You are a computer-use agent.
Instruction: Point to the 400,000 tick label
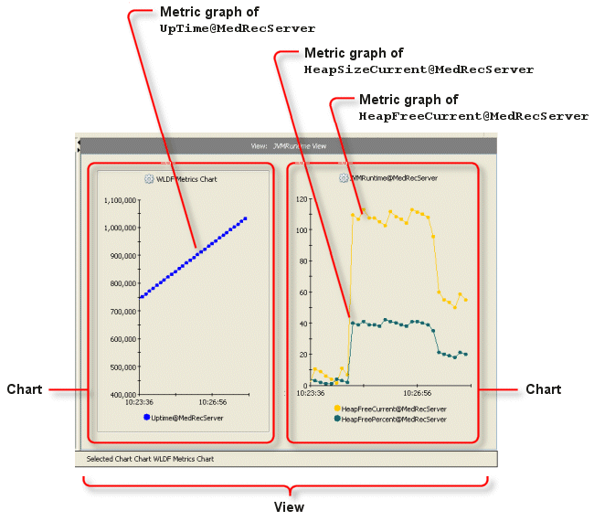tap(120, 395)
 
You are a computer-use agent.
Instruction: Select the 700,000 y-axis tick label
tap(120, 311)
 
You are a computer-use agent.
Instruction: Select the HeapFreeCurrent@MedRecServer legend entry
tap(393, 409)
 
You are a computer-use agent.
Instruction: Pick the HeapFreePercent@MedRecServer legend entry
tap(393, 419)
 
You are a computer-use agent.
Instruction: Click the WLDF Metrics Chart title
tap(186, 178)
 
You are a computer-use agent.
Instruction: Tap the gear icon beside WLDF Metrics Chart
tap(148, 178)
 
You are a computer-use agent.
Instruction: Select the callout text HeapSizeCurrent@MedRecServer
tap(419, 69)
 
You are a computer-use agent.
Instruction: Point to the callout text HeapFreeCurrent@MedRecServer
tap(473, 116)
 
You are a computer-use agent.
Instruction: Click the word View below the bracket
tap(290, 506)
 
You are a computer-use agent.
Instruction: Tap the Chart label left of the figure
tap(25, 389)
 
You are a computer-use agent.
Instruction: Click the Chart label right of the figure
tap(543, 389)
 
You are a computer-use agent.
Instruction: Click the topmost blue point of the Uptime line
tap(246, 218)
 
